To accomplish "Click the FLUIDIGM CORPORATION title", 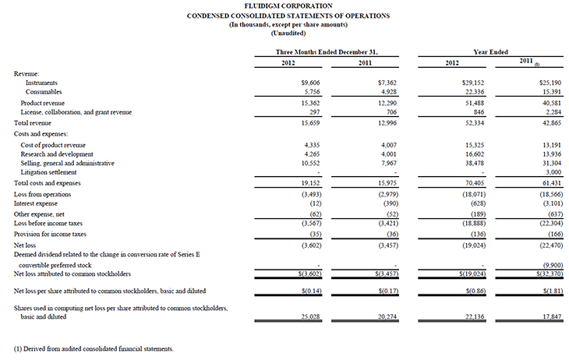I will [x=284, y=6].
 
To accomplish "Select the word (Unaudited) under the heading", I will [x=284, y=34].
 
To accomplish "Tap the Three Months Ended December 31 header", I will [x=322, y=51].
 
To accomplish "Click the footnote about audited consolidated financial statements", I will [x=93, y=348].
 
